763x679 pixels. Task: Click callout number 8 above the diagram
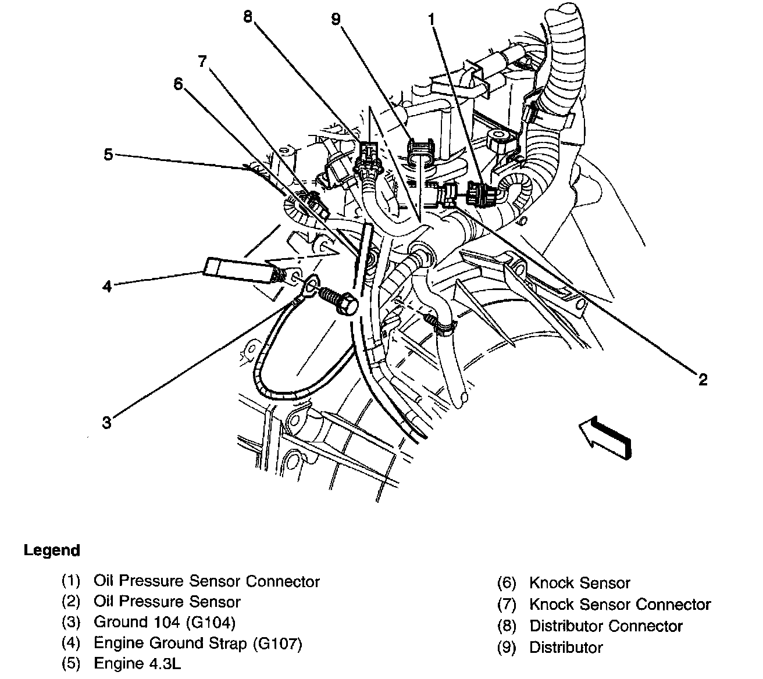249,17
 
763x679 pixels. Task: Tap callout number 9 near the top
336,19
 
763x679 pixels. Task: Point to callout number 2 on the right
703,380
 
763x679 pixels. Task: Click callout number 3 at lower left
106,423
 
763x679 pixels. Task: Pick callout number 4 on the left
107,286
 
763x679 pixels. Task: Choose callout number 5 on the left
108,155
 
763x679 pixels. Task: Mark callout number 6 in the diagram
178,84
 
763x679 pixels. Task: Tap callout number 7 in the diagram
202,60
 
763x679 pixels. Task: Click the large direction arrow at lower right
605,439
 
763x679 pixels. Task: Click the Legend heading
52,550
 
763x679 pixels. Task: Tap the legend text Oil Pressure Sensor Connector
206,581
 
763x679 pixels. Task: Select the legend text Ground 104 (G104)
165,623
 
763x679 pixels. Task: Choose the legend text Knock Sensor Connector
620,605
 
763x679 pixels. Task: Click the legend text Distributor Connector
605,626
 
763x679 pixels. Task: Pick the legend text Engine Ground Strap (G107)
198,643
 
